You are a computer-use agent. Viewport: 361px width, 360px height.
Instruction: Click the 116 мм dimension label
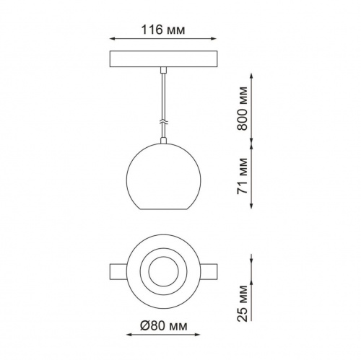coord(163,30)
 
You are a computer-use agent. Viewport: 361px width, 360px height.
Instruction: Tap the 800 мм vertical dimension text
coord(242,108)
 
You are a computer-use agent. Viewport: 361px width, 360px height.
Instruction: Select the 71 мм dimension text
coord(242,176)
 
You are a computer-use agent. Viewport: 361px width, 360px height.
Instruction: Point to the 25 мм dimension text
coord(242,304)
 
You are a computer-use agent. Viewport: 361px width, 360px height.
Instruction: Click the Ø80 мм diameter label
coord(164,326)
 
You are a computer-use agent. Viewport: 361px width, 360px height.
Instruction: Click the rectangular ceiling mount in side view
coord(163,59)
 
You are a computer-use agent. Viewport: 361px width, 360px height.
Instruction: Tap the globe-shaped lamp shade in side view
coord(164,176)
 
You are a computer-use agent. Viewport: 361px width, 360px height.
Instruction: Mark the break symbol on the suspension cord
coord(164,122)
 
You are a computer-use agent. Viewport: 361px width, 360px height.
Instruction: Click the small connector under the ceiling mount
coord(164,70)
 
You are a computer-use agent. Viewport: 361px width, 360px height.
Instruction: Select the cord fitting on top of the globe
coord(164,141)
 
